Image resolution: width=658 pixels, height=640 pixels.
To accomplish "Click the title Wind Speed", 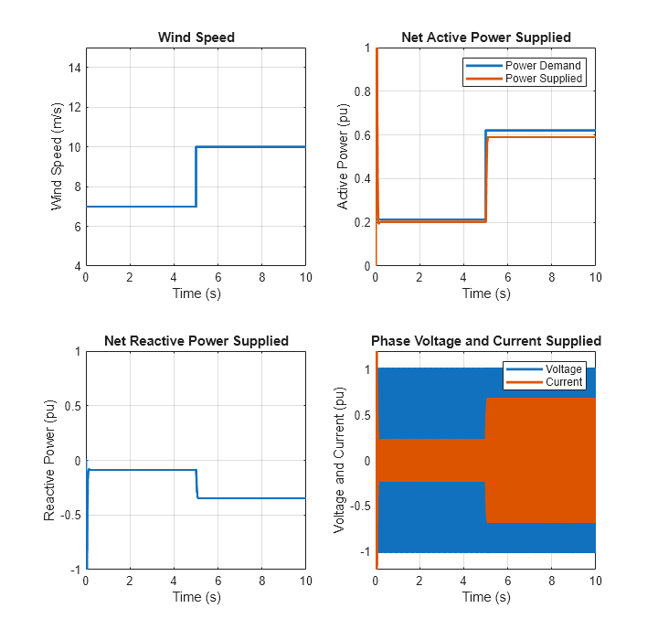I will tap(196, 37).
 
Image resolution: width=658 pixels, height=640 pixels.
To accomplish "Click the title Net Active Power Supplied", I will tap(485, 37).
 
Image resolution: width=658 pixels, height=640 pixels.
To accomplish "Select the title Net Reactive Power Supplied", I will tap(196, 341).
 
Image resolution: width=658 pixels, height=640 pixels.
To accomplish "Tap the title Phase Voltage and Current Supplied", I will tap(485, 341).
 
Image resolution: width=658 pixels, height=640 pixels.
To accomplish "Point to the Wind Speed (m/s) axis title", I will tap(57, 157).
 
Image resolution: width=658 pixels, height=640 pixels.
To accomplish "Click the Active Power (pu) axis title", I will tap(344, 157).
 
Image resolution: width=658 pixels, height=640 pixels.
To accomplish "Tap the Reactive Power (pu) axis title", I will tap(50, 460).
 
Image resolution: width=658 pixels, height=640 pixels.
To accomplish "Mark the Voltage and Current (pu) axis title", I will tap(339, 460).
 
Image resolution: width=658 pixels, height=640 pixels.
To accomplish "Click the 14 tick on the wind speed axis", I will tap(77, 67).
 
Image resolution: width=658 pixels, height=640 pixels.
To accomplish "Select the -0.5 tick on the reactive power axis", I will tap(71, 515).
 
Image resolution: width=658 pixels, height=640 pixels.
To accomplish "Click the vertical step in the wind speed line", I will tap(196, 176).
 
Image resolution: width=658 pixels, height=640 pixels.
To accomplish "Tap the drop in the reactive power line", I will tap(196, 485).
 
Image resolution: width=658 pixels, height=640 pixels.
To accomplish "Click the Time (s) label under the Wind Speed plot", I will tap(196, 293).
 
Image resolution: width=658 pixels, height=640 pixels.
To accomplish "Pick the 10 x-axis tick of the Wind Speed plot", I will tap(305, 277).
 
